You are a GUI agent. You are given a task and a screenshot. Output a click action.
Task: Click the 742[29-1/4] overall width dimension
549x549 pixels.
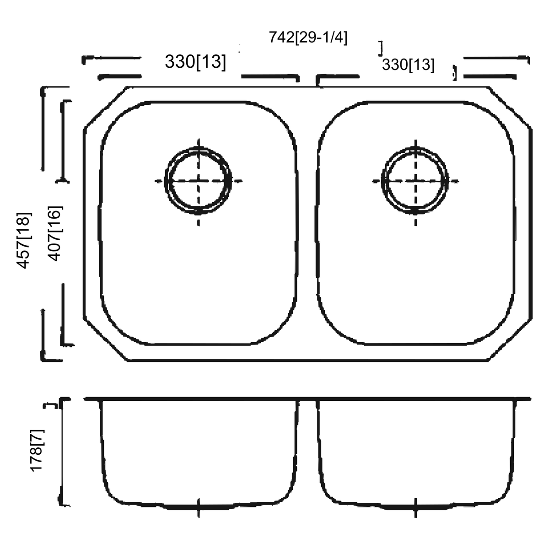coord(308,38)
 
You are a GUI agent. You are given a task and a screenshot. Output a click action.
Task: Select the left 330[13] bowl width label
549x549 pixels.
coord(195,62)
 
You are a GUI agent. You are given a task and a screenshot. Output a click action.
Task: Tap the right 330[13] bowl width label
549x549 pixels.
coord(408,65)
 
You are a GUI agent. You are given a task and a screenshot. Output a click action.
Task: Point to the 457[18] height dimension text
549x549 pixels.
coord(23,241)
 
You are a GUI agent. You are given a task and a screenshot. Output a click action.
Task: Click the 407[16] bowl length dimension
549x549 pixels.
coord(54,234)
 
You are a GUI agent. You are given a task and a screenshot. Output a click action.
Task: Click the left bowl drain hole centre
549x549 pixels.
coord(199,181)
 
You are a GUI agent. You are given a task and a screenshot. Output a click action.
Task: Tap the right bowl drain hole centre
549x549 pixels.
coord(415,181)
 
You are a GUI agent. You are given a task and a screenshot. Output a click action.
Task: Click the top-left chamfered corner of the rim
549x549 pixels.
coord(105,108)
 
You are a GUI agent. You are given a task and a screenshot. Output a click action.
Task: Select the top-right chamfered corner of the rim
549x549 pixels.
coord(510,108)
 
